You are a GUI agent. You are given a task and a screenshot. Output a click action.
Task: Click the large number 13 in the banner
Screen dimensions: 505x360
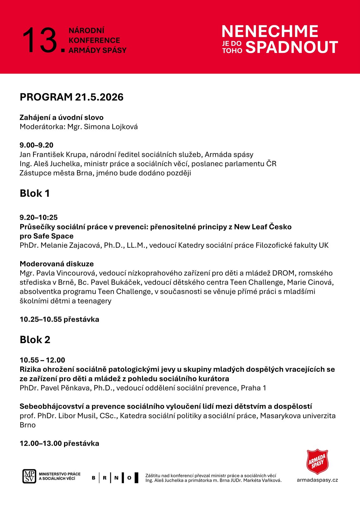(x=40, y=40)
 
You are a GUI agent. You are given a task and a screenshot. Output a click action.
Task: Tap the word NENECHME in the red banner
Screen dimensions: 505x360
(x=270, y=31)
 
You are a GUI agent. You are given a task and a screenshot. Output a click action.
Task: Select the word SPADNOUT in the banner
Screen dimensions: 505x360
(x=292, y=47)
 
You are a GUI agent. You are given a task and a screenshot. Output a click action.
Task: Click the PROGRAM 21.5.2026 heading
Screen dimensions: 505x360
(x=72, y=97)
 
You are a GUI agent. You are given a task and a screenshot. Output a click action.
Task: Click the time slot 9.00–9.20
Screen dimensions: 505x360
(x=36, y=145)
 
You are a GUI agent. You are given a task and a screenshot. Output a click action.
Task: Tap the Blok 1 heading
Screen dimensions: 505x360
(x=35, y=193)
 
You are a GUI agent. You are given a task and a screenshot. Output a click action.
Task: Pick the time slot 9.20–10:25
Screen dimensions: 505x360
(x=38, y=217)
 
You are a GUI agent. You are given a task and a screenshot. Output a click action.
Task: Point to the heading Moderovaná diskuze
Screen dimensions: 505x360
(x=57, y=264)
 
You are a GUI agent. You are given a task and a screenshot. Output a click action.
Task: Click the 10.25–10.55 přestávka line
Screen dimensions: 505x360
(x=59, y=319)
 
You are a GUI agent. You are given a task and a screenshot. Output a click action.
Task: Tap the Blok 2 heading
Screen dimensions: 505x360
(x=35, y=340)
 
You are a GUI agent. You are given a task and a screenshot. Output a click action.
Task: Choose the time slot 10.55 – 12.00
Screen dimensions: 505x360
(x=42, y=360)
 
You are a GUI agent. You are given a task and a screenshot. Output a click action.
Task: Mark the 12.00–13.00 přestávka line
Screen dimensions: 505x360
(x=59, y=443)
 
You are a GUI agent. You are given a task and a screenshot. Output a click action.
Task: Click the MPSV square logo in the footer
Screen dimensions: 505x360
(x=29, y=476)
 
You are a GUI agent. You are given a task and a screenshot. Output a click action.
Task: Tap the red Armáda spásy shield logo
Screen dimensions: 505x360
(x=317, y=462)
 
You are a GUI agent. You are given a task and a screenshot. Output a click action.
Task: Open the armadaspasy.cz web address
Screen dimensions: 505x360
(x=317, y=480)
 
